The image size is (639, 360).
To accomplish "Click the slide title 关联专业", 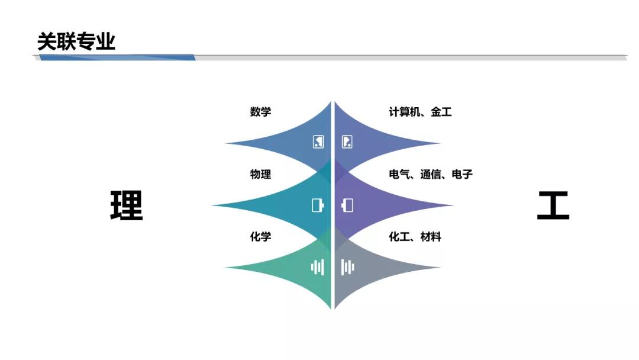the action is [76, 41].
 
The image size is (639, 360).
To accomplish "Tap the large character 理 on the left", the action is [127, 205].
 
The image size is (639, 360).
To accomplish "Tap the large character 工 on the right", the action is [553, 205].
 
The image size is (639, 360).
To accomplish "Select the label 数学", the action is [260, 112].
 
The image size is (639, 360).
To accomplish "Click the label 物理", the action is [260, 174].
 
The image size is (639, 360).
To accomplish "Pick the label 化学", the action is [260, 236].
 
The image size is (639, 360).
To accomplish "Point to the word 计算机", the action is [404, 112].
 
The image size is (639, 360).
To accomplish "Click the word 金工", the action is [441, 112].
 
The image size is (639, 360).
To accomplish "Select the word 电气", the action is [399, 174].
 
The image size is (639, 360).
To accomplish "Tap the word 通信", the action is [431, 174].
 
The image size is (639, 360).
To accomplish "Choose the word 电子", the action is [462, 174].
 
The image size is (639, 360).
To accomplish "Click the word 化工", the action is [399, 236].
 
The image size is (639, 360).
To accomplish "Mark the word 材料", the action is [431, 236].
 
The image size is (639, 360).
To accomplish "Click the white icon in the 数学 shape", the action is [318, 142].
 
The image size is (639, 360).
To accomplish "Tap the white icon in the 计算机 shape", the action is [347, 142].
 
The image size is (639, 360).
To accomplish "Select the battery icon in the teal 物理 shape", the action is [318, 205].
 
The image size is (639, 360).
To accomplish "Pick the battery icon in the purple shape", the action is [347, 205].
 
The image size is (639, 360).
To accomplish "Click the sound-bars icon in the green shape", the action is [318, 268].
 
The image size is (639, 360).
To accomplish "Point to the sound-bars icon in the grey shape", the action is [348, 268].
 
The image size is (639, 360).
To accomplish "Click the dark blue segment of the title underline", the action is [117, 57].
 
